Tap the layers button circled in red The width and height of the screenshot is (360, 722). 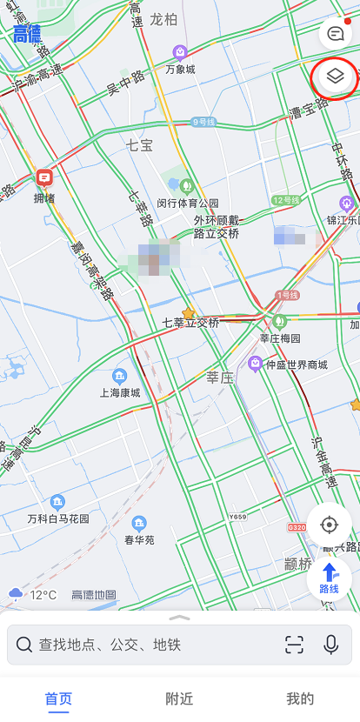[x=336, y=77]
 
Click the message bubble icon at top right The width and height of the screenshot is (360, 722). [x=335, y=33]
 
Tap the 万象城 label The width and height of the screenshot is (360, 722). [x=180, y=69]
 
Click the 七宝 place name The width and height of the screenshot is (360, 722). [x=139, y=145]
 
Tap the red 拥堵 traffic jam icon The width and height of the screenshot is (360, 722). [x=44, y=178]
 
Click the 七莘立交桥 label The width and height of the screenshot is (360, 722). [x=190, y=322]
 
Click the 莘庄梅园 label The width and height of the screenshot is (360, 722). [x=280, y=338]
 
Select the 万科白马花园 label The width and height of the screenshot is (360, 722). [x=58, y=518]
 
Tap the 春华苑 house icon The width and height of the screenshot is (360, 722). [x=139, y=523]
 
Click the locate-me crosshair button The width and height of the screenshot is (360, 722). [x=329, y=525]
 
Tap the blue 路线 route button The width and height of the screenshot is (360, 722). [x=330, y=578]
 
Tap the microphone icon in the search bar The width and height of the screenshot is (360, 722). [x=330, y=645]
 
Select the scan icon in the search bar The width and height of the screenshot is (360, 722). [x=295, y=645]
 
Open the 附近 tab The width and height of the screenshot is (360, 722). [x=179, y=699]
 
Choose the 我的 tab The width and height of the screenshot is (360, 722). [x=300, y=699]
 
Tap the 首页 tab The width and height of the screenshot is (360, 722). [x=58, y=699]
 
